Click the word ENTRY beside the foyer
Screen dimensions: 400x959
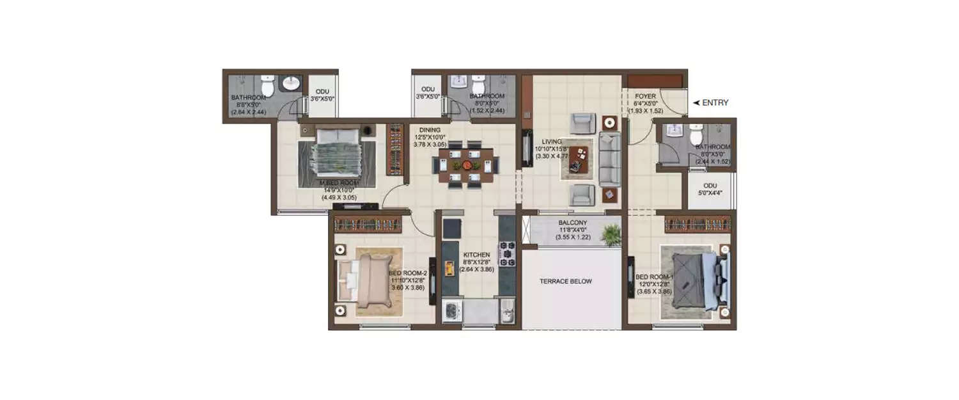coord(715,102)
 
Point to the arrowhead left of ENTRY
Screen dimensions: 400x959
coord(696,102)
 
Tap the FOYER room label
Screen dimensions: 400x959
coord(646,97)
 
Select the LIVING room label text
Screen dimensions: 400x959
coord(552,141)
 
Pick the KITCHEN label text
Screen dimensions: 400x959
coord(477,255)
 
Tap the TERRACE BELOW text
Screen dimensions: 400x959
coord(565,281)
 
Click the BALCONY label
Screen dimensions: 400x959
coord(572,223)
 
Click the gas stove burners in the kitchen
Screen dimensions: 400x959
coord(507,253)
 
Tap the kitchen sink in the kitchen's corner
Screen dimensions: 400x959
coord(507,313)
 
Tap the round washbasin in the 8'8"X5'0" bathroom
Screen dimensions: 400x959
coord(292,83)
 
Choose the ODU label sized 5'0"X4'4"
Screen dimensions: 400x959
coord(710,190)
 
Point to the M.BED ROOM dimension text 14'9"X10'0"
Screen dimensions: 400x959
coord(338,190)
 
